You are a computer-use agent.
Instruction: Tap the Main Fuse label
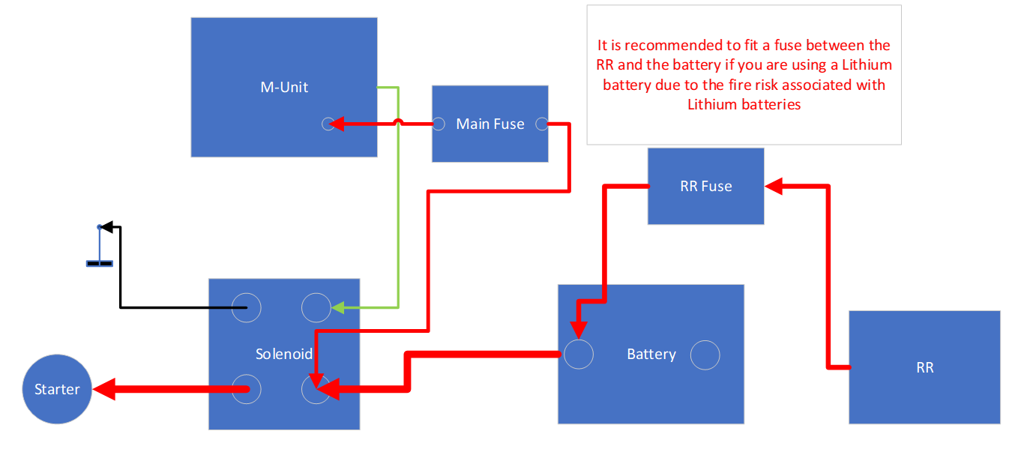pyautogui.click(x=490, y=124)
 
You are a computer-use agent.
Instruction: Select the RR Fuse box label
pyautogui.click(x=705, y=186)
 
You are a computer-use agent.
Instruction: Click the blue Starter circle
pyautogui.click(x=57, y=389)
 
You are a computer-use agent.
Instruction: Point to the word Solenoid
pyautogui.click(x=283, y=354)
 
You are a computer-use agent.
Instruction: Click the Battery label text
pyautogui.click(x=651, y=354)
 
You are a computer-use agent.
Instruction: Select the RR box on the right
pyautogui.click(x=924, y=367)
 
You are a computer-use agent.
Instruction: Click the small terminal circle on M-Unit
pyautogui.click(x=328, y=124)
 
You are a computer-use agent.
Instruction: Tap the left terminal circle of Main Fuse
pyautogui.click(x=439, y=124)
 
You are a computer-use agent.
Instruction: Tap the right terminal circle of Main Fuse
pyautogui.click(x=542, y=124)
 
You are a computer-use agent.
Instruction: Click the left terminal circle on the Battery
pyautogui.click(x=578, y=354)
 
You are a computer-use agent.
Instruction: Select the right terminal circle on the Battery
pyautogui.click(x=705, y=354)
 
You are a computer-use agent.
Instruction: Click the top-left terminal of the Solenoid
pyautogui.click(x=246, y=307)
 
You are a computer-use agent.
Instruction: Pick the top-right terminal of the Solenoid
pyautogui.click(x=316, y=307)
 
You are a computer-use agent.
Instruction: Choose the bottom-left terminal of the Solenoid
pyautogui.click(x=246, y=389)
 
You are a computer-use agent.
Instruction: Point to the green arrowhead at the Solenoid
pyautogui.click(x=338, y=307)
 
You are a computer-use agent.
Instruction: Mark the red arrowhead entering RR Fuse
pyautogui.click(x=773, y=186)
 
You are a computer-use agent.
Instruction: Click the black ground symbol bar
pyautogui.click(x=100, y=263)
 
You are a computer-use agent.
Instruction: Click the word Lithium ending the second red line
pyautogui.click(x=867, y=65)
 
